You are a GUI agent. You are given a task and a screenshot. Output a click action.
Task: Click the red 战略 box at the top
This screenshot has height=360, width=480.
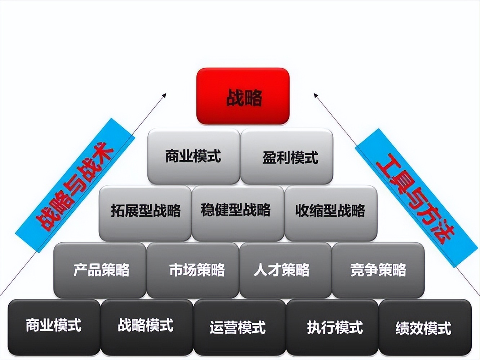(243, 96)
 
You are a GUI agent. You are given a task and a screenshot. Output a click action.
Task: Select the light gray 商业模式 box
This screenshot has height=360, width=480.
(194, 156)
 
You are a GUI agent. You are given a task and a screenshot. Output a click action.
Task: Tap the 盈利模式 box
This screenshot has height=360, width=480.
(287, 156)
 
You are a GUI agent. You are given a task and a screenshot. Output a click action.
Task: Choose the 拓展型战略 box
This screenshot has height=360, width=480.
(145, 213)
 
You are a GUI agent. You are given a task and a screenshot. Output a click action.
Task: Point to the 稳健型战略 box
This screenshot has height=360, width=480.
(238, 213)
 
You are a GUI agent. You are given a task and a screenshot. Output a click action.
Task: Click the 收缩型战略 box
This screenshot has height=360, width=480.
(331, 213)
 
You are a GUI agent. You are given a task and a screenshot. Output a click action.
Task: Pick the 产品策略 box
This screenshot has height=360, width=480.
(100, 270)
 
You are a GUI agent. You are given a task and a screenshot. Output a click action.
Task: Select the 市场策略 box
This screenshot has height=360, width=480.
(193, 270)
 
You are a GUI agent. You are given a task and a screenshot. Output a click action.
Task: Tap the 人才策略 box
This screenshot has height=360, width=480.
(285, 270)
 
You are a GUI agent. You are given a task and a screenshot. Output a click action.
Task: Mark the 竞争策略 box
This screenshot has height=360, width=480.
(378, 270)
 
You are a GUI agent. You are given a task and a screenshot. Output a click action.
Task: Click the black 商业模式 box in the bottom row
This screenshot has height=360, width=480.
(54, 327)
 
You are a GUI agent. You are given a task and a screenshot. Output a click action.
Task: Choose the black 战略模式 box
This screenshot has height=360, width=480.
(147, 327)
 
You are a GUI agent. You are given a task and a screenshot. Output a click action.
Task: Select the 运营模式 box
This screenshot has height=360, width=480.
(240, 327)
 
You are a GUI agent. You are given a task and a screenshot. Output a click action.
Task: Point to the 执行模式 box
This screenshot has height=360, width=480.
(332, 327)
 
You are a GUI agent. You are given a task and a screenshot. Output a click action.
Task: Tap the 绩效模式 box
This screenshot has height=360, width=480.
(425, 327)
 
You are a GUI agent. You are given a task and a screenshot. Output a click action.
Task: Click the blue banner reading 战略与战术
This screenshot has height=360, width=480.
(75, 185)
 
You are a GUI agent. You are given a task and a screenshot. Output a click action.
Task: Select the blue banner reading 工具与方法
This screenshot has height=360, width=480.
(416, 198)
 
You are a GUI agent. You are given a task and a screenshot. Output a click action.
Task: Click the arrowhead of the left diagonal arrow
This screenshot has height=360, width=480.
(164, 95)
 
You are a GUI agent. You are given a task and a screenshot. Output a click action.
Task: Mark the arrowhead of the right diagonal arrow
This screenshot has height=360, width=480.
(316, 95)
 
